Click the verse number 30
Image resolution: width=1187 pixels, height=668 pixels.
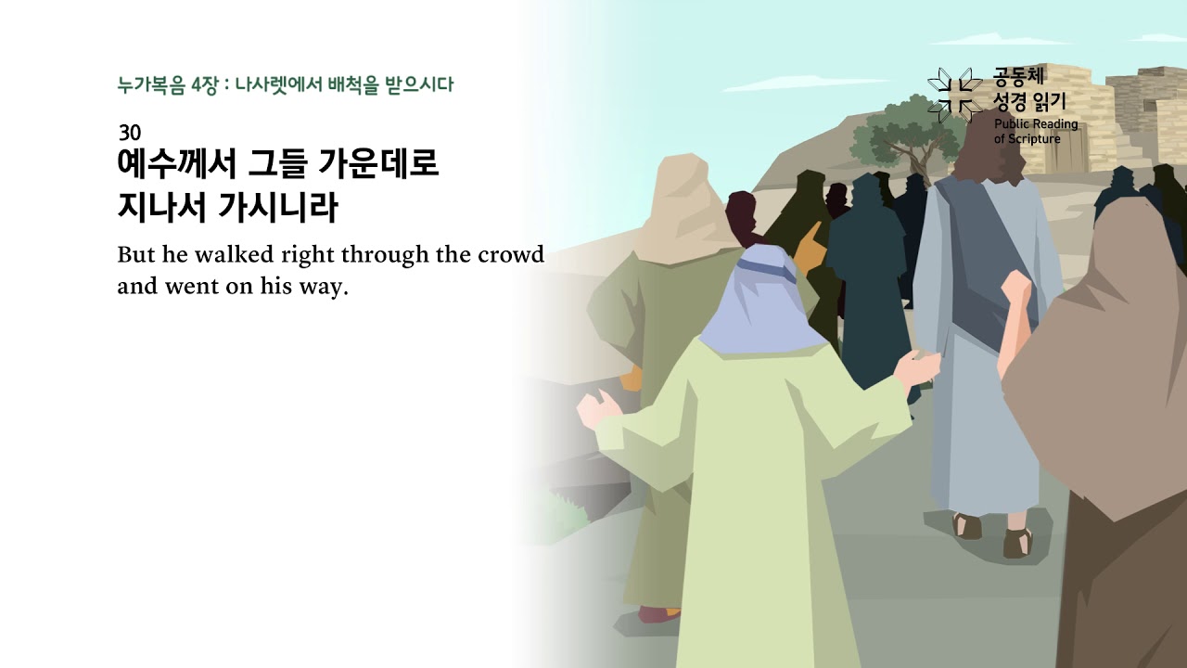[130, 133]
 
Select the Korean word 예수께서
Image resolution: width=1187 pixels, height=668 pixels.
[173, 166]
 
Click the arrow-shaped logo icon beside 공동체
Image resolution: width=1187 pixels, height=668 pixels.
[955, 94]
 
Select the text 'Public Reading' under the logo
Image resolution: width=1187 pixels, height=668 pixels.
[1036, 124]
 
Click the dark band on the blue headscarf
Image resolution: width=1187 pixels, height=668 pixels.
[764, 269]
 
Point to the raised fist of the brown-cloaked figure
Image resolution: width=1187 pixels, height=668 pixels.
[1017, 289]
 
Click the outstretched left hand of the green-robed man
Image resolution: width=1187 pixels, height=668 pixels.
[594, 407]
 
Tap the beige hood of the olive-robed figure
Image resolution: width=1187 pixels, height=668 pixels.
[686, 204]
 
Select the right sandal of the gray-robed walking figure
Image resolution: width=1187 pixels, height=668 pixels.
[1017, 543]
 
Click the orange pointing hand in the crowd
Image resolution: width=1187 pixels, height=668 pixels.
[809, 243]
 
